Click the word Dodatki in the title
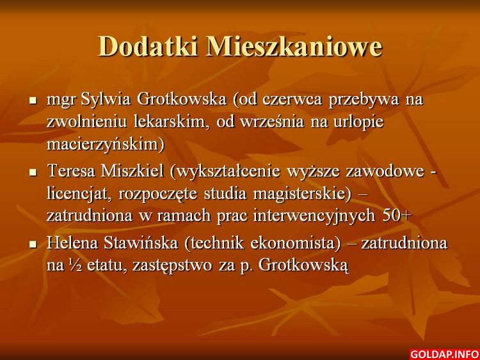[x=148, y=46]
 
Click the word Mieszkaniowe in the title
[x=294, y=46]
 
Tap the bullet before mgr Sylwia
[x=33, y=100]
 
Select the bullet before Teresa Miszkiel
[x=33, y=172]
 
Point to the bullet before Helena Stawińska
[x=33, y=244]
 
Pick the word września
[x=272, y=121]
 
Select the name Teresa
[x=72, y=171]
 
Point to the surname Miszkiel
[x=132, y=171]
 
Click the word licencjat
[x=78, y=194]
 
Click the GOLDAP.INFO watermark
[x=445, y=354]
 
